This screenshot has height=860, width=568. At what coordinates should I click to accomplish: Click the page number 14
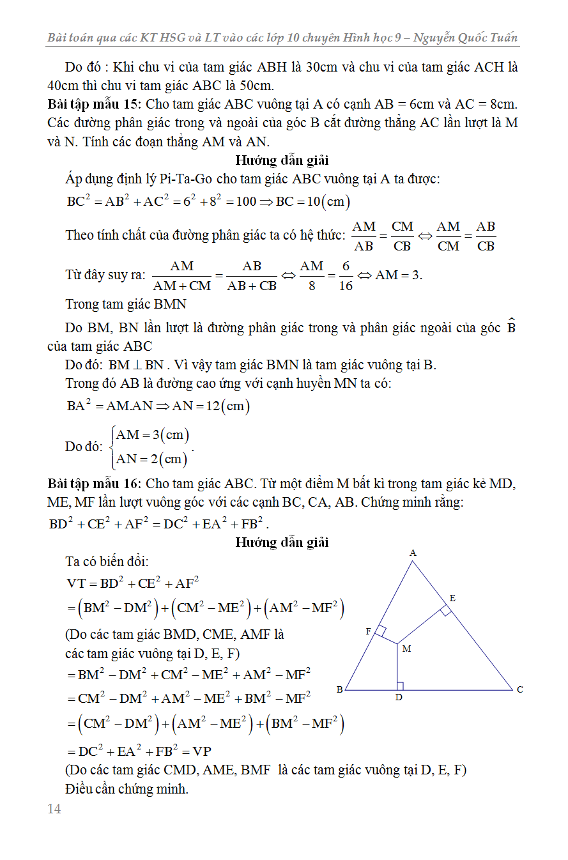coord(54,809)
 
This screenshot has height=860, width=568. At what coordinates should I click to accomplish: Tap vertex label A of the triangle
coord(413,553)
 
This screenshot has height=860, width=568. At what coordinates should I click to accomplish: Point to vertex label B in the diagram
coord(339,689)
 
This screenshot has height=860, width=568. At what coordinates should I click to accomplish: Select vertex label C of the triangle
coord(520,689)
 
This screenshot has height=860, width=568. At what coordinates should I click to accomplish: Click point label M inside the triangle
coord(406,649)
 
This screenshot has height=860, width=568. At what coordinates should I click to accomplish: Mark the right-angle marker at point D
coord(401,686)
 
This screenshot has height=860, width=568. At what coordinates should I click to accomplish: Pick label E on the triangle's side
coord(452,598)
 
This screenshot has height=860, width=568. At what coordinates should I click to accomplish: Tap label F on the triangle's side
coord(369,631)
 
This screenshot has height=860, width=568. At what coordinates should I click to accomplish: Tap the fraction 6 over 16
coord(346,276)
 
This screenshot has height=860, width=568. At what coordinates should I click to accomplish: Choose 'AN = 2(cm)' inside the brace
coord(151,459)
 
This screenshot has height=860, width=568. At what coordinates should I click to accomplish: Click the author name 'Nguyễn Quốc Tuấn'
coord(466,38)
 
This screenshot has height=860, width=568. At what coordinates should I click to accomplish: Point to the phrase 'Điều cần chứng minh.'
coord(127,789)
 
